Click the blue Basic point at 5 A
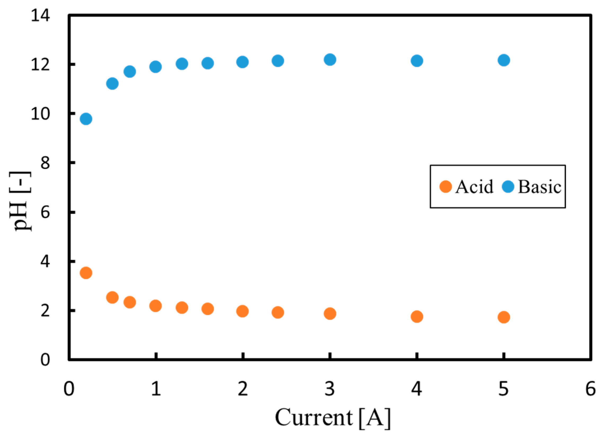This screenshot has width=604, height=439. point(504,60)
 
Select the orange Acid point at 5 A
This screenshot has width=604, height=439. point(504,317)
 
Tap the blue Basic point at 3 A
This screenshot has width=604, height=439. point(330,59)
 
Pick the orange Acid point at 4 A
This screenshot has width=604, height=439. point(417,317)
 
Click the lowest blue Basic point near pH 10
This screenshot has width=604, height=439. point(86,119)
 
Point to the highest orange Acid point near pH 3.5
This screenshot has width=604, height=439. point(86,273)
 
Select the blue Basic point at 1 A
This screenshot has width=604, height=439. point(156,66)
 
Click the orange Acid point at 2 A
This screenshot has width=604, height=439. point(242,311)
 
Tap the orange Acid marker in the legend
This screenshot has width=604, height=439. point(445,187)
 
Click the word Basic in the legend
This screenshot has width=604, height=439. point(540,187)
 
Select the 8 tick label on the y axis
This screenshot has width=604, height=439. point(45,163)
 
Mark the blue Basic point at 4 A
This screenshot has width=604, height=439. point(417,61)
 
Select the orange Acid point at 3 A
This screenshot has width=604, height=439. point(330,314)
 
